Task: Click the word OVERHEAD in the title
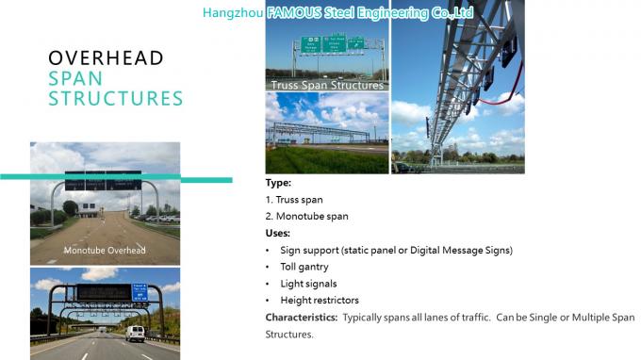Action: (x=106, y=58)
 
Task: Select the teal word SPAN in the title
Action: (x=75, y=78)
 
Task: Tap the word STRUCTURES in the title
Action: (x=115, y=98)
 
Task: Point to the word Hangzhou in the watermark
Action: (x=233, y=13)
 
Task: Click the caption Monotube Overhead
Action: (x=105, y=250)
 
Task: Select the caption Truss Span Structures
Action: (x=326, y=86)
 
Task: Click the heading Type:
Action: (x=278, y=183)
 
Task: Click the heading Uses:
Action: (x=278, y=233)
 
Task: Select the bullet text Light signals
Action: (x=308, y=284)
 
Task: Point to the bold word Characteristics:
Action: (x=301, y=318)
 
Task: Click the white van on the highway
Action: (x=135, y=333)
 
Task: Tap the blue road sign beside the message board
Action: (x=140, y=291)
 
